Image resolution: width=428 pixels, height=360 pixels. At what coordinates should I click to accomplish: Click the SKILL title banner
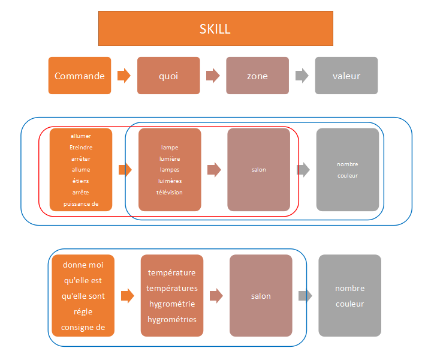(x=216, y=28)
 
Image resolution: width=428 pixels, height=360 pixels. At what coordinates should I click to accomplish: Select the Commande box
(x=80, y=76)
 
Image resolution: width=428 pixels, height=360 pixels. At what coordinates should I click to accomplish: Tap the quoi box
(x=168, y=76)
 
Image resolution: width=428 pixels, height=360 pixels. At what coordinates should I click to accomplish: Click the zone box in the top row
(x=257, y=76)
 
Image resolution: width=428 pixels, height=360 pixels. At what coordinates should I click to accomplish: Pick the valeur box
(x=346, y=76)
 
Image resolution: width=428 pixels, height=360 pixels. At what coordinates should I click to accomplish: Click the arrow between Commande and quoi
(x=124, y=76)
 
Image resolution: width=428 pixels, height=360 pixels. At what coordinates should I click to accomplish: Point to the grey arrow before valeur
(x=302, y=76)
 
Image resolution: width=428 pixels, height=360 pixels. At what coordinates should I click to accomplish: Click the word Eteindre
(x=81, y=148)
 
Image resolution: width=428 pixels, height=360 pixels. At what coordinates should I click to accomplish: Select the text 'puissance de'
(x=81, y=204)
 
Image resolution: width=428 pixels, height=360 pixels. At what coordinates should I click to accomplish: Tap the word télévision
(x=170, y=192)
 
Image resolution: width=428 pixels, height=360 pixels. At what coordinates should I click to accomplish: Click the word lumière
(x=170, y=158)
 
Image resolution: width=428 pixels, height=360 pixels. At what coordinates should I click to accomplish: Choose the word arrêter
(x=81, y=158)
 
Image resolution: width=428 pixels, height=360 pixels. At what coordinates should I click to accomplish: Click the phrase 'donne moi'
(x=83, y=265)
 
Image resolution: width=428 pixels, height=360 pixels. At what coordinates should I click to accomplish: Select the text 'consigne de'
(x=83, y=327)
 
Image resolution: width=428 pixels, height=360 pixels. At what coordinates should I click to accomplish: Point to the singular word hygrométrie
(x=172, y=304)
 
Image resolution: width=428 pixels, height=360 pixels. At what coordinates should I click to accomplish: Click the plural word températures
(x=172, y=288)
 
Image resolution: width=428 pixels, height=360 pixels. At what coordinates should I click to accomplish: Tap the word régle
(x=83, y=311)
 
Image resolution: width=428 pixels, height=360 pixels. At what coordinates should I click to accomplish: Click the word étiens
(x=81, y=181)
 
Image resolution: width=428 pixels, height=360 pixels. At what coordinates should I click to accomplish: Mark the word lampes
(x=170, y=170)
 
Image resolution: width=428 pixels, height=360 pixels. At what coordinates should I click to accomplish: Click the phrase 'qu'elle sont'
(x=83, y=296)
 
